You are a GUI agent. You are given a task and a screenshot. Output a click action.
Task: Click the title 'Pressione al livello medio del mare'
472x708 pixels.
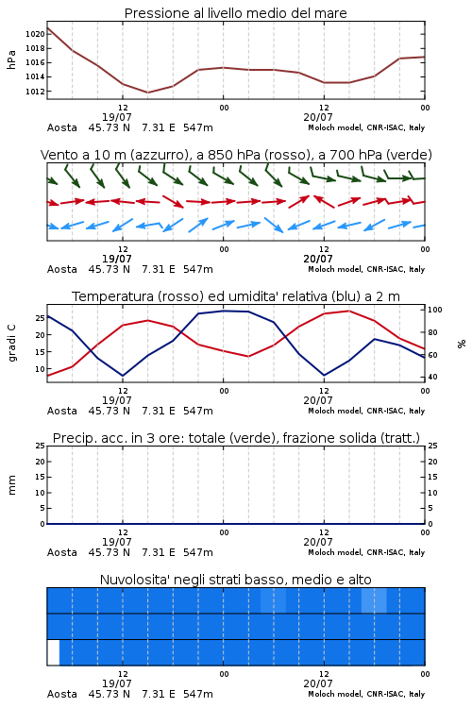pos(235,13)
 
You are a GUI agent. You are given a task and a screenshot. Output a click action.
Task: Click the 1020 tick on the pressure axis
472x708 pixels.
pos(35,34)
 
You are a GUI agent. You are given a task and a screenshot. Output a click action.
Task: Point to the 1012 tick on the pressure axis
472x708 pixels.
pos(35,92)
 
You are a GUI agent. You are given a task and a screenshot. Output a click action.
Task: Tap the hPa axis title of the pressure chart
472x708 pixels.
pos(11,59)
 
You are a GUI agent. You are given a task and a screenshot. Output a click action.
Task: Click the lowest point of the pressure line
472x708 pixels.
pos(147,93)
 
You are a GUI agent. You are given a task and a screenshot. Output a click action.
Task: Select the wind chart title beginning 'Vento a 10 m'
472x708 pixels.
pos(236,155)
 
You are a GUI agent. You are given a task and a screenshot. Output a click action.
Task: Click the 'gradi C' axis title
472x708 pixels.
pos(11,343)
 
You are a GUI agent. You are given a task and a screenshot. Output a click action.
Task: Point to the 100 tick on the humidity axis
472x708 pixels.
pos(435,310)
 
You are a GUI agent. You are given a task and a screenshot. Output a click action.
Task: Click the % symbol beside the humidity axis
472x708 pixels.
pos(462,344)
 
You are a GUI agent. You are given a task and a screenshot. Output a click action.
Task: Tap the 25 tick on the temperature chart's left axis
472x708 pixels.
pos(41,318)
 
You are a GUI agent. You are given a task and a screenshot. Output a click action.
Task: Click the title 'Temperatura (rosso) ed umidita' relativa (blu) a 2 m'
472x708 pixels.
pos(236,296)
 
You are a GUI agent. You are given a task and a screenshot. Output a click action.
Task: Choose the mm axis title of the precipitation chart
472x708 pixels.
pos(11,485)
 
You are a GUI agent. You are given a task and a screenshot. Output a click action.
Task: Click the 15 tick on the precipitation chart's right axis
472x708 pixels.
pos(432,477)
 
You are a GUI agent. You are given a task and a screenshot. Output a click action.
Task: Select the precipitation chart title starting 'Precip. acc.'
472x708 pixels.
pos(236,438)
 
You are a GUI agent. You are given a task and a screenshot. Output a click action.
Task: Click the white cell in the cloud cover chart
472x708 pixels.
pos(53,652)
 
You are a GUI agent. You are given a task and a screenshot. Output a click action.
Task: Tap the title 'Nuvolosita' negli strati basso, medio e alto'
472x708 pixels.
pos(235,580)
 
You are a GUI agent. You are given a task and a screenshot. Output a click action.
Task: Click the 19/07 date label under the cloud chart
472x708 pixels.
pos(116,683)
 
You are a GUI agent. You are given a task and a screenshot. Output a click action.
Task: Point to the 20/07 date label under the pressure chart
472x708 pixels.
pos(318,117)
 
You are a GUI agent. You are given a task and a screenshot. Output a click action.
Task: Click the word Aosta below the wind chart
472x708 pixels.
pos(62,270)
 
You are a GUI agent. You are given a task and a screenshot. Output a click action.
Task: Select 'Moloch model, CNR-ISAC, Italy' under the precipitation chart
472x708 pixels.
pos(366,552)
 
